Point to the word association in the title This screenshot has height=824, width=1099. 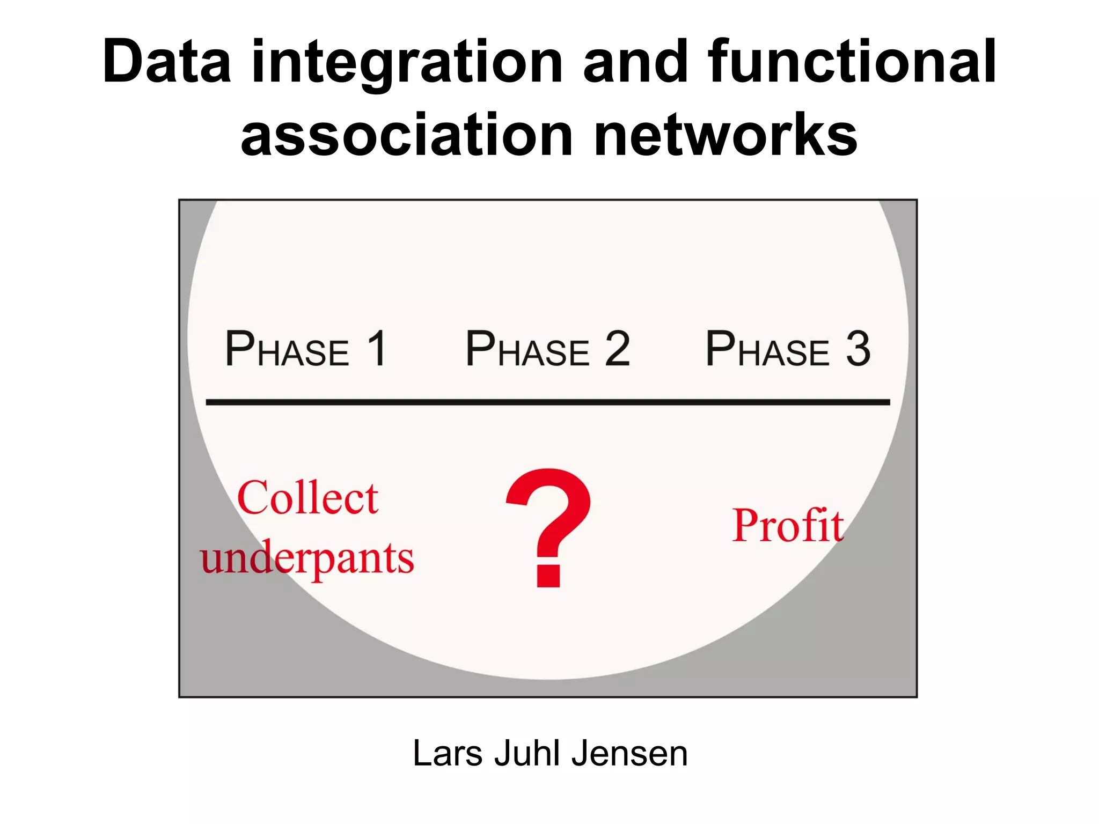[407, 136]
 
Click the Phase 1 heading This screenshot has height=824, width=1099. [305, 350]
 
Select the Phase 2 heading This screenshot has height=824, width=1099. [547, 350]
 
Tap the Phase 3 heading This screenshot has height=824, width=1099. [787, 350]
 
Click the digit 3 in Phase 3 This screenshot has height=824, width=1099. [858, 349]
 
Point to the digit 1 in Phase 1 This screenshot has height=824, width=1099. [377, 349]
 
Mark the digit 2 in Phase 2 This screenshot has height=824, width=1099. [617, 349]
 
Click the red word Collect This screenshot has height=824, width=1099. [307, 498]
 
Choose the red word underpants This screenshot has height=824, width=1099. [307, 558]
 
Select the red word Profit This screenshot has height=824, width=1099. [788, 526]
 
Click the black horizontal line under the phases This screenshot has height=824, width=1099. [547, 402]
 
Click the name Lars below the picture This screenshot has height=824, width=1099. [448, 753]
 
